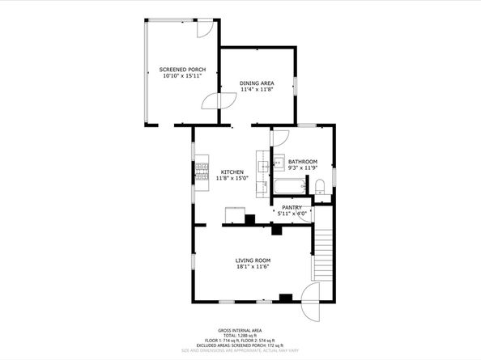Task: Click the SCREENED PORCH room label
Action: click(x=182, y=70)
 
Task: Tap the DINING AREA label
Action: click(x=257, y=83)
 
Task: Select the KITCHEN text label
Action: click(x=232, y=172)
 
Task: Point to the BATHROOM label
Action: click(x=303, y=162)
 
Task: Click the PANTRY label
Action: click(x=292, y=207)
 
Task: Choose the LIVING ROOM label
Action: click(x=253, y=260)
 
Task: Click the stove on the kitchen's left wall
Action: click(x=201, y=172)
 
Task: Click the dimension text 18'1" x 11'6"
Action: click(x=253, y=267)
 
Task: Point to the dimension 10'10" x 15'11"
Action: click(x=182, y=77)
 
